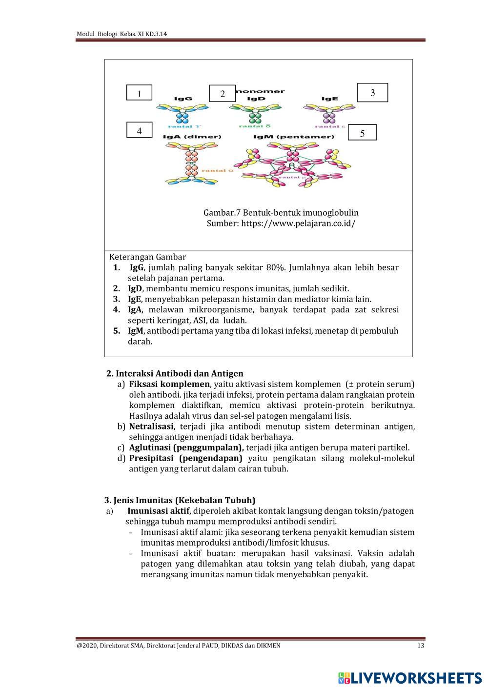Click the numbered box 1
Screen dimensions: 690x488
(x=139, y=93)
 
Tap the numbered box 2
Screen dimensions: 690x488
(x=222, y=94)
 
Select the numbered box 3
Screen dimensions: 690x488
(x=372, y=92)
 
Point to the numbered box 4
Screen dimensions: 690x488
(x=139, y=130)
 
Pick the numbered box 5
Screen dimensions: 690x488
(x=362, y=133)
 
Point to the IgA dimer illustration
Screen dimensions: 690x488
(x=191, y=166)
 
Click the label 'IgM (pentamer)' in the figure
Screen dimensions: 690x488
(x=294, y=137)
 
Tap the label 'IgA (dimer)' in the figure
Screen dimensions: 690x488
(x=192, y=137)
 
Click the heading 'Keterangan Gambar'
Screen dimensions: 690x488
(x=147, y=257)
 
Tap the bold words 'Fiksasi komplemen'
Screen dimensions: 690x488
(x=169, y=384)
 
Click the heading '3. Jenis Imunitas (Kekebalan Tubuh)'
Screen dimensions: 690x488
(x=180, y=500)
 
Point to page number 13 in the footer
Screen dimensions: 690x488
(x=421, y=646)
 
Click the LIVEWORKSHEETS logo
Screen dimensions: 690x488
(x=410, y=677)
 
